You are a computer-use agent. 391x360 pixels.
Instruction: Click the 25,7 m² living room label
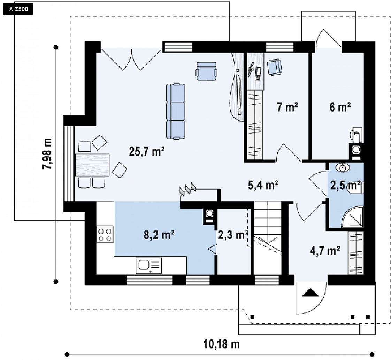[x=147, y=151]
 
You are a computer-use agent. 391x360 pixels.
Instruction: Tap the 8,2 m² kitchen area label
[x=159, y=235]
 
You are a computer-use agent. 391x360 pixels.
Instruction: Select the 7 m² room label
[x=287, y=107]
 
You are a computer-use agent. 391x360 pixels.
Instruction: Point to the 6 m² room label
[x=340, y=107]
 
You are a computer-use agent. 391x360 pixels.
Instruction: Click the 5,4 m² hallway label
[x=263, y=185]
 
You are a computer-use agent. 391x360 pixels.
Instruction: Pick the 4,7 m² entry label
[x=325, y=251]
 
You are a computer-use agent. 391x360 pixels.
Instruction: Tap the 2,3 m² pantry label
[x=233, y=235]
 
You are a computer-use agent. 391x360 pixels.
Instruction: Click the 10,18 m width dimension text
[x=221, y=344]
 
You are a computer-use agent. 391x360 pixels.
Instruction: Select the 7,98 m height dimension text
[x=47, y=154]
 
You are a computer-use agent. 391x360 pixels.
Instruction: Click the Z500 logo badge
[x=18, y=9]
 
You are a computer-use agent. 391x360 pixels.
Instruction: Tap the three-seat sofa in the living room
[x=176, y=111]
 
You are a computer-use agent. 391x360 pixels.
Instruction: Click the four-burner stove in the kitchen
[x=105, y=234]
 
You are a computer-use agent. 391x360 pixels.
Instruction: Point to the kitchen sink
[x=148, y=265]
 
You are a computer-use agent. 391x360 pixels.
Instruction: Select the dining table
[x=92, y=165]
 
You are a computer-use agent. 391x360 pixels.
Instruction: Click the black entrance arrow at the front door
[x=310, y=292]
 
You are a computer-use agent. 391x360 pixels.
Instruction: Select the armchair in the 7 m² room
[x=275, y=67]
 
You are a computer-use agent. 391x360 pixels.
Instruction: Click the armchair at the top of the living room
[x=206, y=71]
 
